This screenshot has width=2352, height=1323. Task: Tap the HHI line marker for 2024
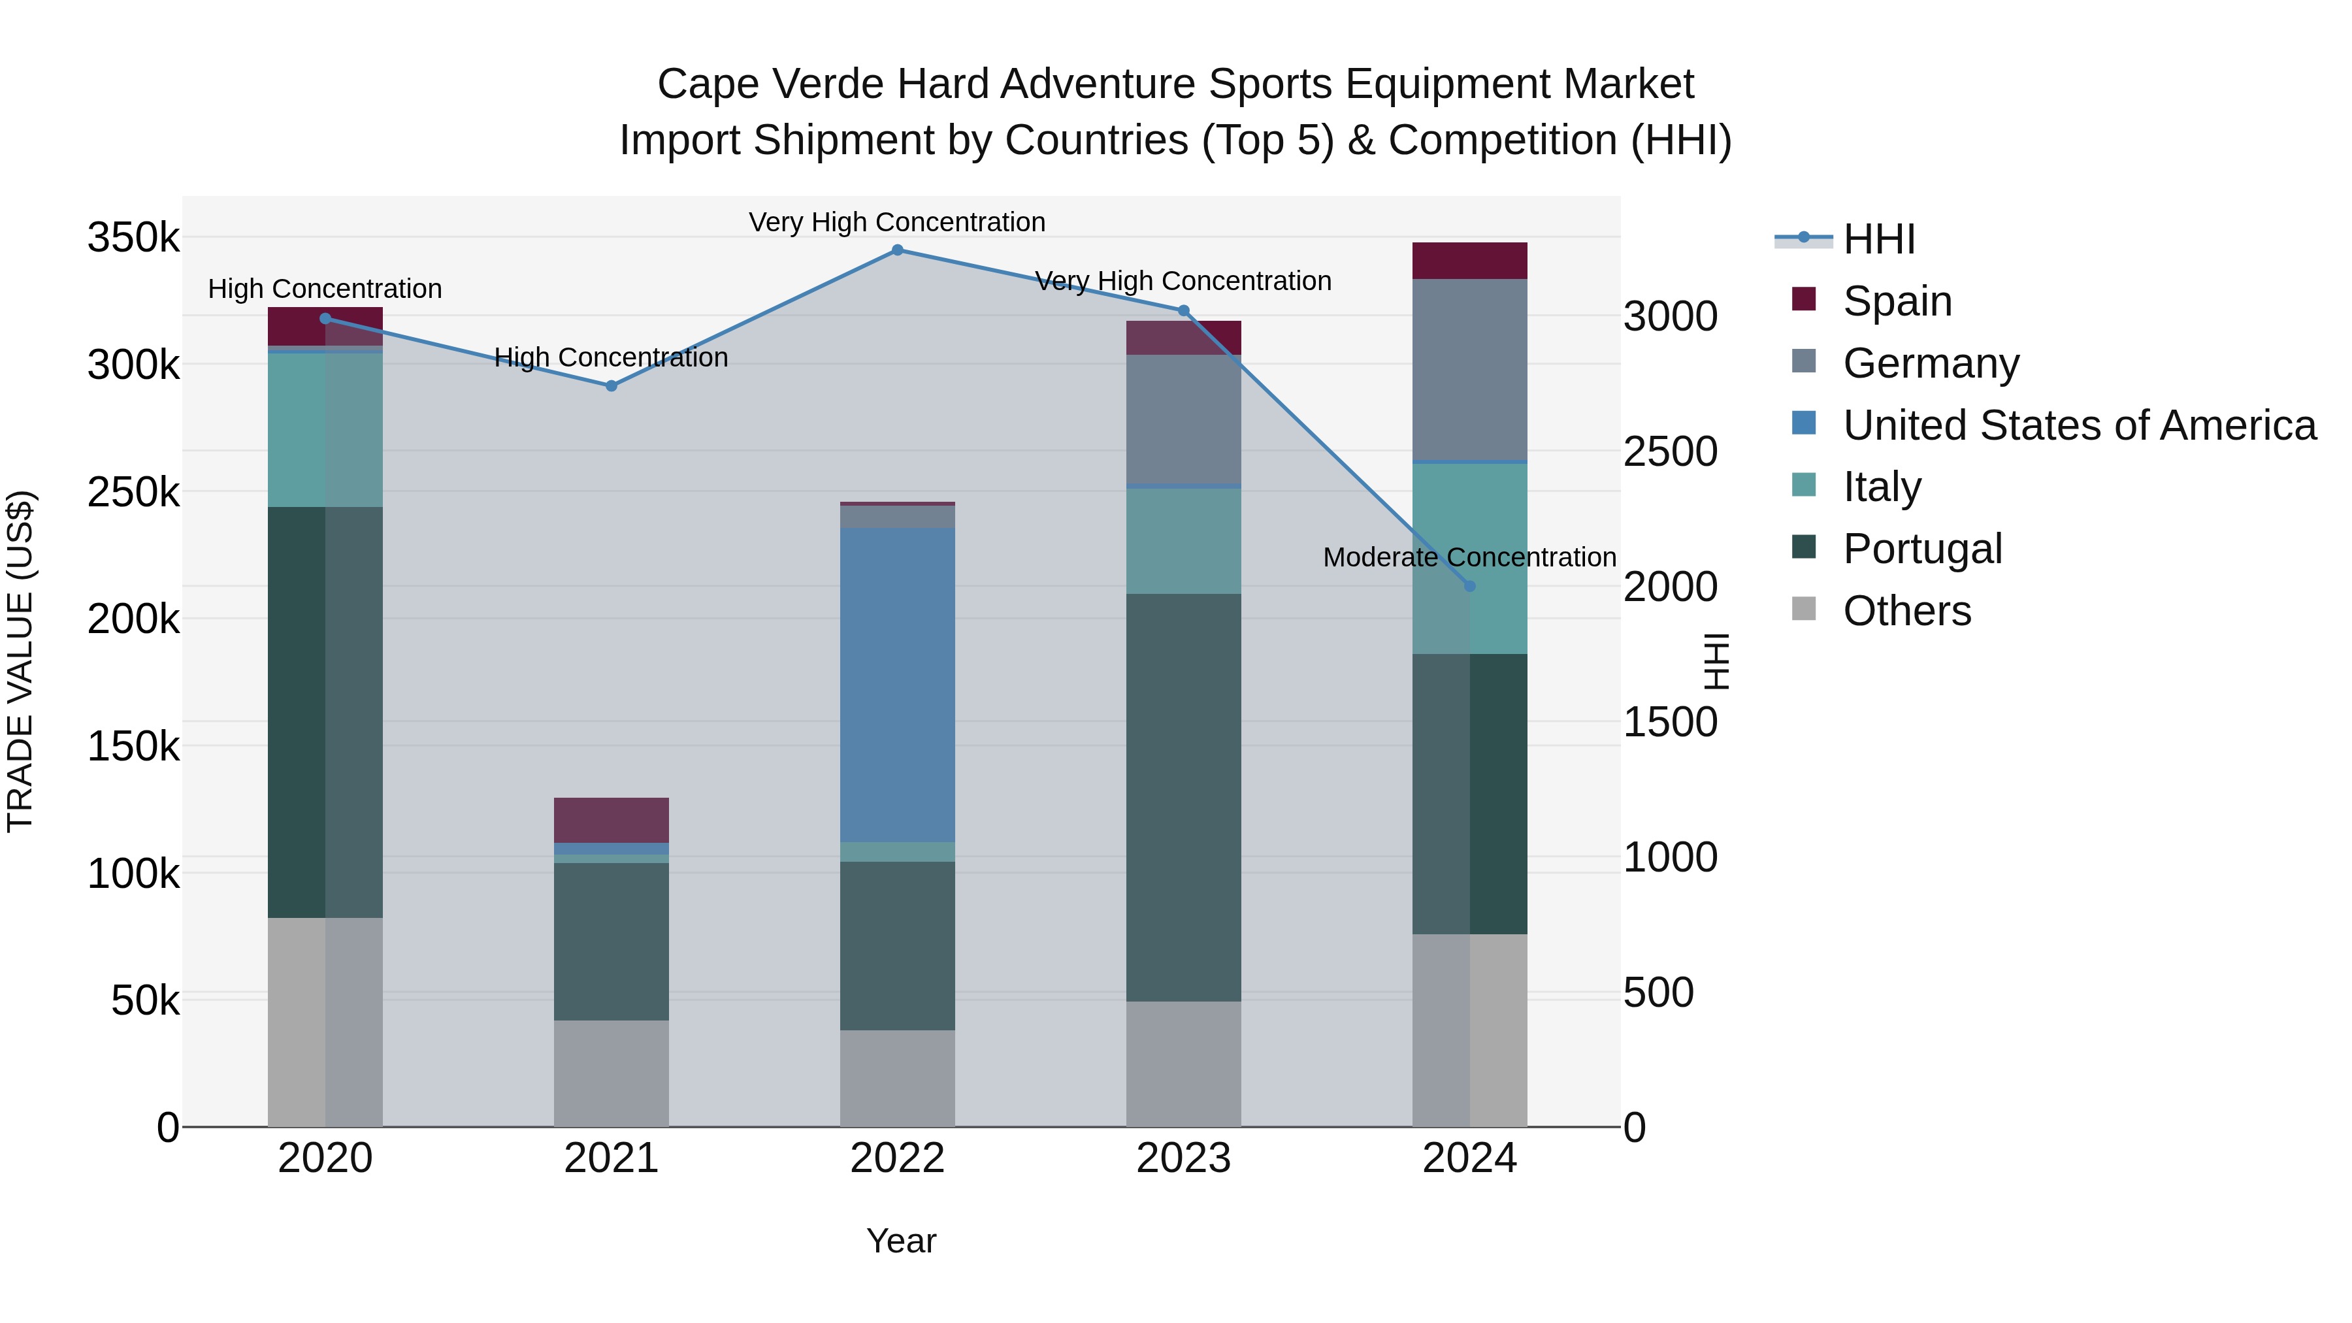click(1469, 586)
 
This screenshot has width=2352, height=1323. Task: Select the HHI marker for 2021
click(611, 386)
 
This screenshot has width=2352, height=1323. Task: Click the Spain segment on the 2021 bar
click(611, 820)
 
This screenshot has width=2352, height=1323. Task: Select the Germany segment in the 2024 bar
click(1469, 370)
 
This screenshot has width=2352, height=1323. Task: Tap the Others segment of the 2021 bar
click(611, 1073)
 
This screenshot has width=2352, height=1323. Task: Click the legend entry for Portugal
click(1922, 549)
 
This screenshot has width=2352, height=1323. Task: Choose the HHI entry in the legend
click(1878, 239)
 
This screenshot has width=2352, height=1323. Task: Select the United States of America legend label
click(2079, 425)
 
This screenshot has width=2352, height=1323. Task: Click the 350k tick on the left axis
click(133, 238)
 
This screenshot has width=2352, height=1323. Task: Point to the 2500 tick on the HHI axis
click(1670, 452)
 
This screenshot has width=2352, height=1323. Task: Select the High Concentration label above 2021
click(611, 357)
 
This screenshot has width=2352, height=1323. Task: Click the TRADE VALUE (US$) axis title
click(20, 661)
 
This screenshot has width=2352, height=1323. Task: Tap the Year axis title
click(900, 1241)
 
